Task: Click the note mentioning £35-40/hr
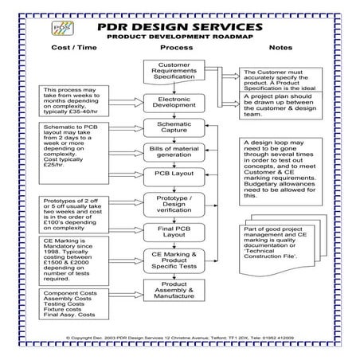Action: click(79, 101)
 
